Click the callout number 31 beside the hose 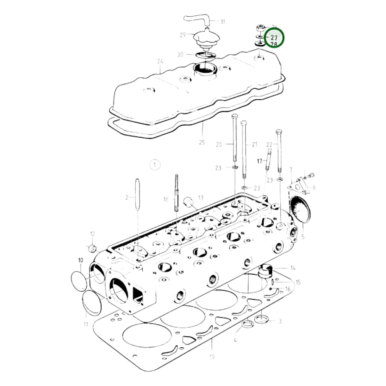pos(223,22)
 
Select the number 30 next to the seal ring pos(180,55)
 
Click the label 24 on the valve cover pos(160,62)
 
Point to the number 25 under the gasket pos(202,142)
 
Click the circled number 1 pos(155,165)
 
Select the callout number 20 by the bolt pos(219,145)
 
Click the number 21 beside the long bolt pos(254,145)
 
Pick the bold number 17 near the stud pos(260,161)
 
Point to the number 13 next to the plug pos(201,198)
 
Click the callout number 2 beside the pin pos(127,198)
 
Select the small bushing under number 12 pos(92,248)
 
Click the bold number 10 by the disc pos(80,260)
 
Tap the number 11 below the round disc pos(86,325)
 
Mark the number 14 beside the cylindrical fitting pos(293,268)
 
